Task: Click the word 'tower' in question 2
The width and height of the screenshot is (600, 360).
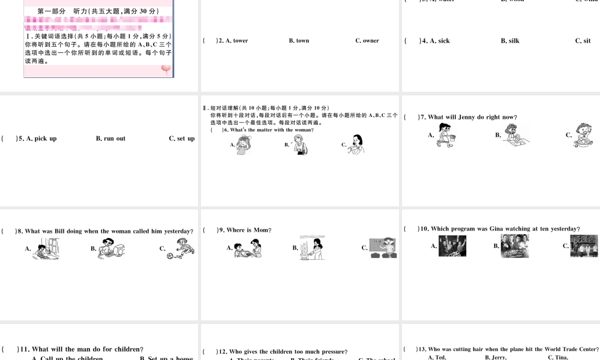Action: tap(240, 41)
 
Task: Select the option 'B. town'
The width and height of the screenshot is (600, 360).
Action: tap(299, 41)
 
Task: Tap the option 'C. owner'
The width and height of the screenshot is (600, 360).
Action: tap(367, 41)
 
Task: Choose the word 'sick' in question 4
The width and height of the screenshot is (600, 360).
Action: tap(443, 41)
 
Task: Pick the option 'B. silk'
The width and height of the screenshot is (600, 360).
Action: tap(510, 41)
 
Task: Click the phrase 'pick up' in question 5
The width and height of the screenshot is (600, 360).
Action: tap(46, 139)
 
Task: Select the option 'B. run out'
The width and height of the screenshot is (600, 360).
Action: tap(111, 139)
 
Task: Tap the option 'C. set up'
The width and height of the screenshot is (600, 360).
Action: tap(182, 139)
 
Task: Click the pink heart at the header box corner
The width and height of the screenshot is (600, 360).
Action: tap(166, 70)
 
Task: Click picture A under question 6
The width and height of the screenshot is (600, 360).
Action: tap(244, 145)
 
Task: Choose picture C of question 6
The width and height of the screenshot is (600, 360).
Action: tap(356, 144)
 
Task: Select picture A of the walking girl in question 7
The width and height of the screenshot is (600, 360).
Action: tap(446, 134)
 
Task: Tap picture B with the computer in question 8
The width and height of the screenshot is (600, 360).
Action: tap(112, 248)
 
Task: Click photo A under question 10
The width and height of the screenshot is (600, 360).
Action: tap(452, 245)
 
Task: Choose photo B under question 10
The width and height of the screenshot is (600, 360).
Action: tap(515, 245)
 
